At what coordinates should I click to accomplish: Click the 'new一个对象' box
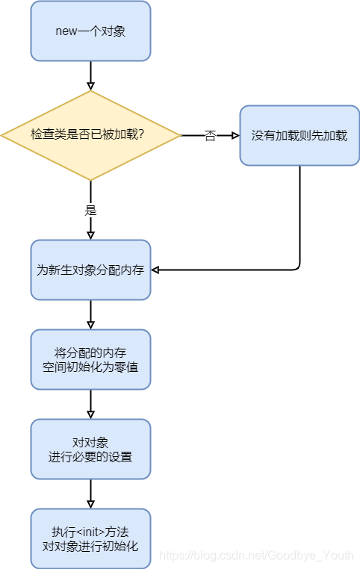pos(90,31)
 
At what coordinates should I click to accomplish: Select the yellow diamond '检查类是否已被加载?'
pos(90,135)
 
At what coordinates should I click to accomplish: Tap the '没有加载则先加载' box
pos(300,135)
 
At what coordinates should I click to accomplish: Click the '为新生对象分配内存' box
pos(90,270)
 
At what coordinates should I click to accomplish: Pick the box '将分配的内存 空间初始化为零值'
pos(90,359)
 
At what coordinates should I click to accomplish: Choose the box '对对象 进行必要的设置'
pos(90,449)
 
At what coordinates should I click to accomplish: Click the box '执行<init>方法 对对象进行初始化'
pos(90,538)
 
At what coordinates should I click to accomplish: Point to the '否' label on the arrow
pos(210,136)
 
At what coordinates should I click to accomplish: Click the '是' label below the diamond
pos(90,211)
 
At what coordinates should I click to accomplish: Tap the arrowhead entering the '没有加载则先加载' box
pos(235,136)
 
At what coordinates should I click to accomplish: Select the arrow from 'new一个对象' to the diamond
pos(90,75)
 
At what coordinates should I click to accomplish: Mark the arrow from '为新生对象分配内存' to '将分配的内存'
pos(90,314)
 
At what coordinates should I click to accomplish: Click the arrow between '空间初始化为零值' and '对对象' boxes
pos(90,404)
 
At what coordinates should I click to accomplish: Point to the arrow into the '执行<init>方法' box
pos(90,494)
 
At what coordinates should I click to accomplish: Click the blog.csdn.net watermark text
pos(259,556)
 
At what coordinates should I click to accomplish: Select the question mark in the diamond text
pos(141,136)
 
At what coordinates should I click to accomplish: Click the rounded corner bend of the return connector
pos(297,267)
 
